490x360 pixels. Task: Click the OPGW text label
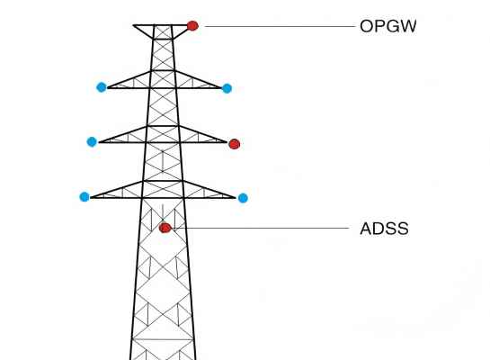pyautogui.click(x=388, y=26)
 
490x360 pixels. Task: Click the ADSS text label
pyautogui.click(x=384, y=229)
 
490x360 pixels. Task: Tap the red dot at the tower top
pyautogui.click(x=192, y=25)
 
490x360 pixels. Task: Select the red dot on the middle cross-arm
pyautogui.click(x=235, y=144)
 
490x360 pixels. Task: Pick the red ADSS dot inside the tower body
pyautogui.click(x=165, y=228)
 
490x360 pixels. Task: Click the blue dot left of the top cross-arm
pyautogui.click(x=102, y=87)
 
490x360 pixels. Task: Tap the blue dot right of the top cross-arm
pyautogui.click(x=227, y=88)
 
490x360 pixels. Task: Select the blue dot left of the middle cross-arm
pyautogui.click(x=92, y=141)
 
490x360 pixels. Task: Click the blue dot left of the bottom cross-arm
pyautogui.click(x=85, y=197)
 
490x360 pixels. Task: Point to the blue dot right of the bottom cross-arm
pyautogui.click(x=243, y=198)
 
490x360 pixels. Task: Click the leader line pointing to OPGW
pyautogui.click(x=280, y=27)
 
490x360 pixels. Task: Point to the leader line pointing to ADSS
pyautogui.click(x=262, y=229)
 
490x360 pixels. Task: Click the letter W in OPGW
pyautogui.click(x=407, y=26)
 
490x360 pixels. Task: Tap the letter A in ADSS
pyautogui.click(x=367, y=229)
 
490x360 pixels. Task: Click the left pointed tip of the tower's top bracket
pyautogui.click(x=133, y=25)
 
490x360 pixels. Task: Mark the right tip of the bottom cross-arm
pyautogui.click(x=235, y=198)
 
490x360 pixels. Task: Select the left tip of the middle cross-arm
pyautogui.click(x=99, y=142)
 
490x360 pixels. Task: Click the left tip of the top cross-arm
pyautogui.click(x=108, y=88)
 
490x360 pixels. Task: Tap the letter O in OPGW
pyautogui.click(x=367, y=26)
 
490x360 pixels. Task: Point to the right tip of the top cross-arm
pyautogui.click(x=221, y=88)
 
